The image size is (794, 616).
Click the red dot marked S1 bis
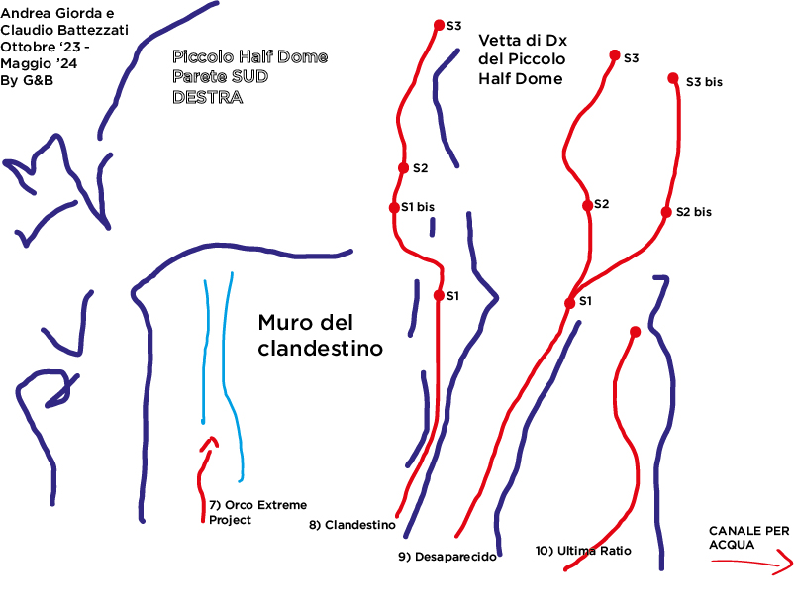(394, 207)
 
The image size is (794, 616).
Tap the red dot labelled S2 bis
(666, 212)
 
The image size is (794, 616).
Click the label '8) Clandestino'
(353, 525)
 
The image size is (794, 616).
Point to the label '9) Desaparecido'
(447, 557)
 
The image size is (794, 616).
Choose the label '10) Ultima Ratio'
(582, 550)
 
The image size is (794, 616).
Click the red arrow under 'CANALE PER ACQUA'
(752, 564)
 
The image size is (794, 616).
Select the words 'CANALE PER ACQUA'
(749, 538)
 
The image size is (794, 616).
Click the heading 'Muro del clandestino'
(319, 336)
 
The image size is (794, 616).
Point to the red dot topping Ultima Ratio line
(635, 332)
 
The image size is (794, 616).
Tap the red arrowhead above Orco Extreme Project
(208, 443)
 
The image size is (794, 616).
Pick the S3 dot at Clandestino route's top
(439, 26)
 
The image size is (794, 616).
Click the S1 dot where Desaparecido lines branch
(569, 303)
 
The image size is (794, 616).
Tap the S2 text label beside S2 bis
(601, 204)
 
